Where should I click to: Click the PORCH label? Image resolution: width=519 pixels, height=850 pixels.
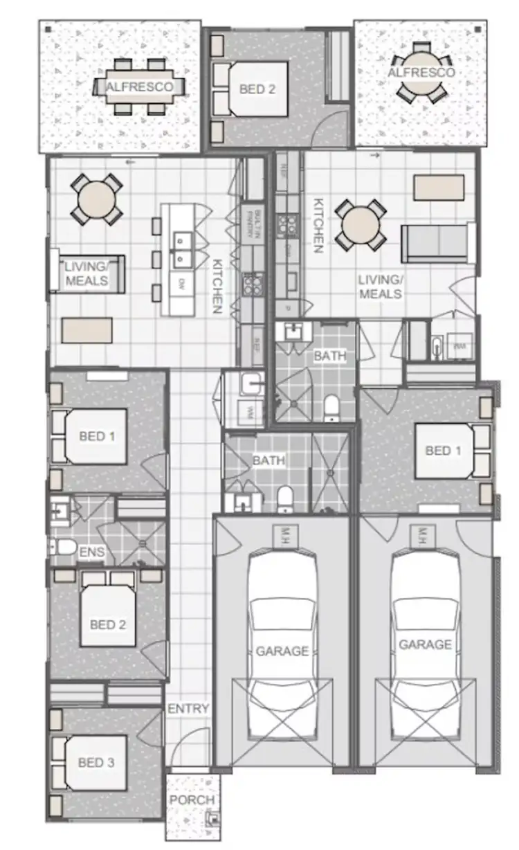192,800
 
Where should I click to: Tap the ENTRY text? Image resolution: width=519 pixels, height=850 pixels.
188,709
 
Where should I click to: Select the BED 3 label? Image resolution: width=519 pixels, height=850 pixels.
96,763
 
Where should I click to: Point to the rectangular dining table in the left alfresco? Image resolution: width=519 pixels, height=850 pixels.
145,87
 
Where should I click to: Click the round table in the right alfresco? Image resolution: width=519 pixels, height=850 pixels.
421,73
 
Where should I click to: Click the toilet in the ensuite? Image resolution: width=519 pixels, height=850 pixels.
64,548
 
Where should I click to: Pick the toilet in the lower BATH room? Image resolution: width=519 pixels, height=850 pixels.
284,500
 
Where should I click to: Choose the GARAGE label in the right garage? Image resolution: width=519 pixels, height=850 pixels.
425,644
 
